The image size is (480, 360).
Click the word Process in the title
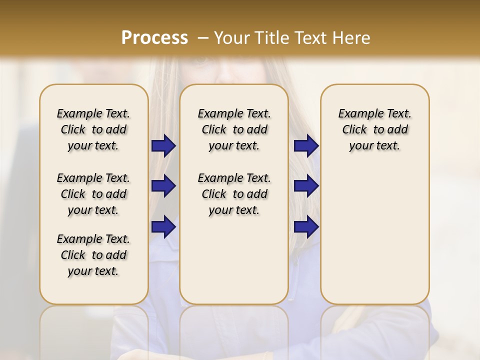pyautogui.click(x=154, y=37)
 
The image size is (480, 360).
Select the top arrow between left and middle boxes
pyautogui.click(x=163, y=146)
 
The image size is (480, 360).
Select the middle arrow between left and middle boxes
pyautogui.click(x=163, y=186)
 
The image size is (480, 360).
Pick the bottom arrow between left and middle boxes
pyautogui.click(x=163, y=226)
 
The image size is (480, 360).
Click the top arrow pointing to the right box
pyautogui.click(x=306, y=146)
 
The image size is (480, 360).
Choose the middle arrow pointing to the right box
pyautogui.click(x=306, y=186)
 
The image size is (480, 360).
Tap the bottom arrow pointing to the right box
pyautogui.click(x=306, y=226)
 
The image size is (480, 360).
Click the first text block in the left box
pyautogui.click(x=93, y=129)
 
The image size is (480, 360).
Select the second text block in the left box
pyautogui.click(x=93, y=194)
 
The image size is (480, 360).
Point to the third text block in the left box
pyautogui.click(x=93, y=255)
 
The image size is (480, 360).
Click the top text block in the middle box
pyautogui.click(x=234, y=129)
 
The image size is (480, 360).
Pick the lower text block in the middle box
pyautogui.click(x=234, y=194)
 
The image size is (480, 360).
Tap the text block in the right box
pyautogui.click(x=374, y=129)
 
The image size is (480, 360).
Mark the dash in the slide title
pyautogui.click(x=202, y=38)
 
